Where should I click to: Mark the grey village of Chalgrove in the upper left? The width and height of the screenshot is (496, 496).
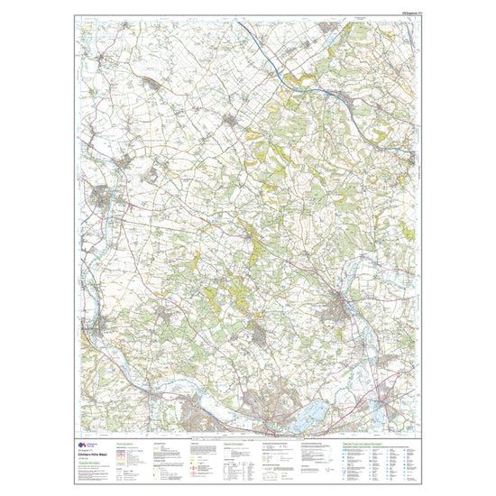point(150,82)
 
